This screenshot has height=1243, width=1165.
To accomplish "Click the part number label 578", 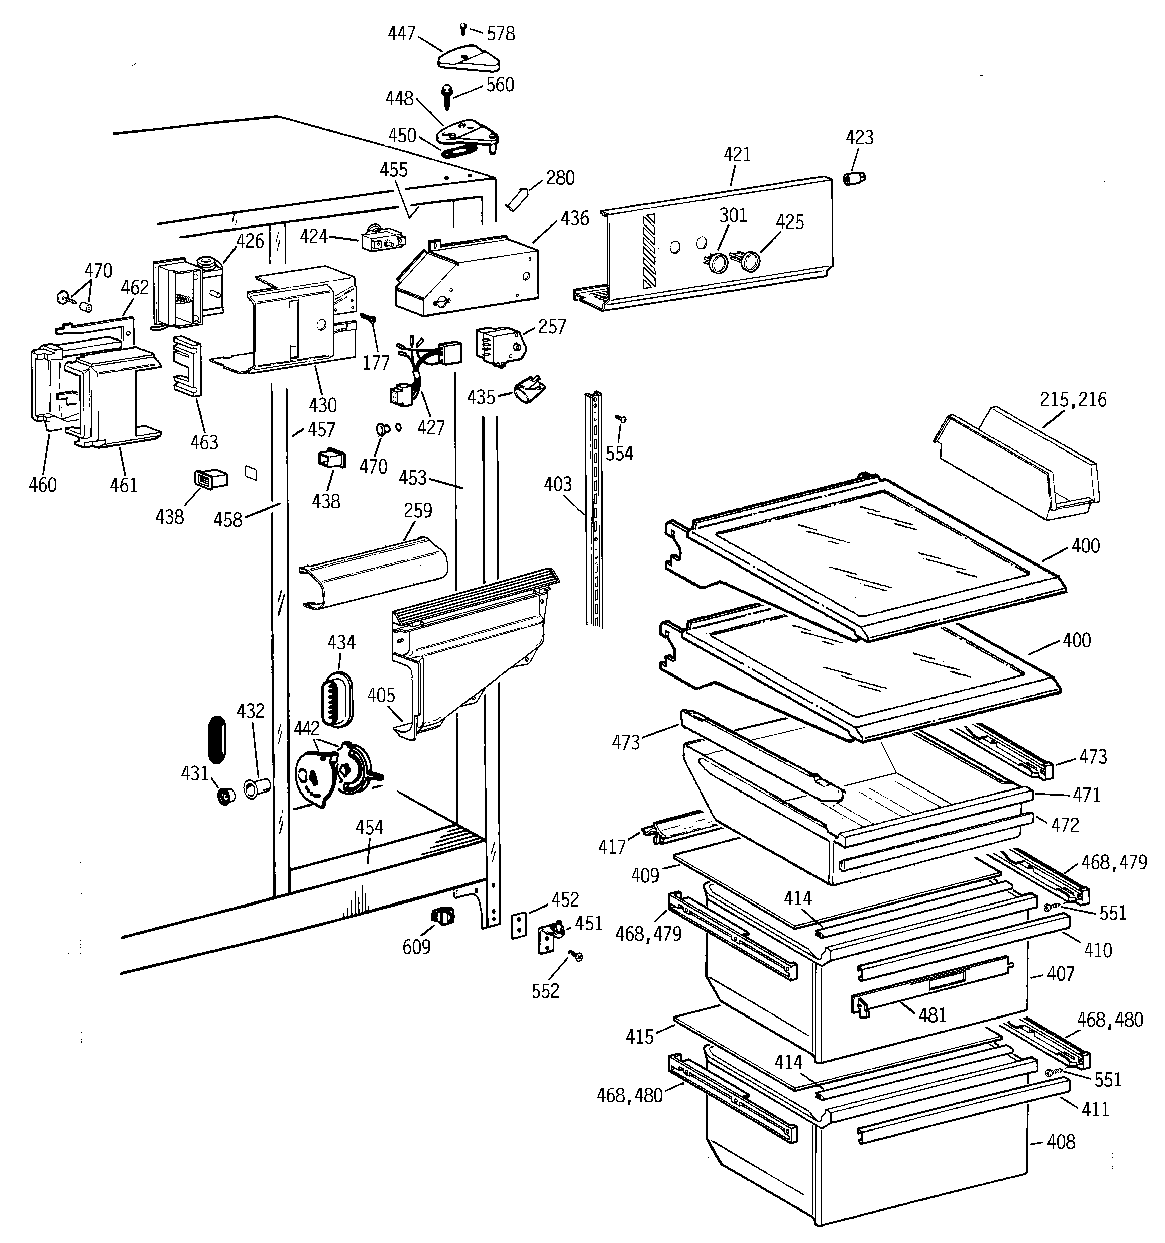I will point(500,33).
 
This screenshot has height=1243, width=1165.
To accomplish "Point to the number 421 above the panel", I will point(737,155).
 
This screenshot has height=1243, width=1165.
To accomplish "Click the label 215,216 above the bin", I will point(1073,400).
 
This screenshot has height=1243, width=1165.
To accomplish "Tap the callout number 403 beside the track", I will point(557,484).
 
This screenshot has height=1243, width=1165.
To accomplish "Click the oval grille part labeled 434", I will point(336,700).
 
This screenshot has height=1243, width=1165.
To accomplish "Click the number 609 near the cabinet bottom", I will point(416,947).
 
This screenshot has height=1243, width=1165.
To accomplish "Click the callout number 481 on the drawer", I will point(932,1015).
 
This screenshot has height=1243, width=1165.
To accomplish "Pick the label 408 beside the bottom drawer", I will point(1061,1142).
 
